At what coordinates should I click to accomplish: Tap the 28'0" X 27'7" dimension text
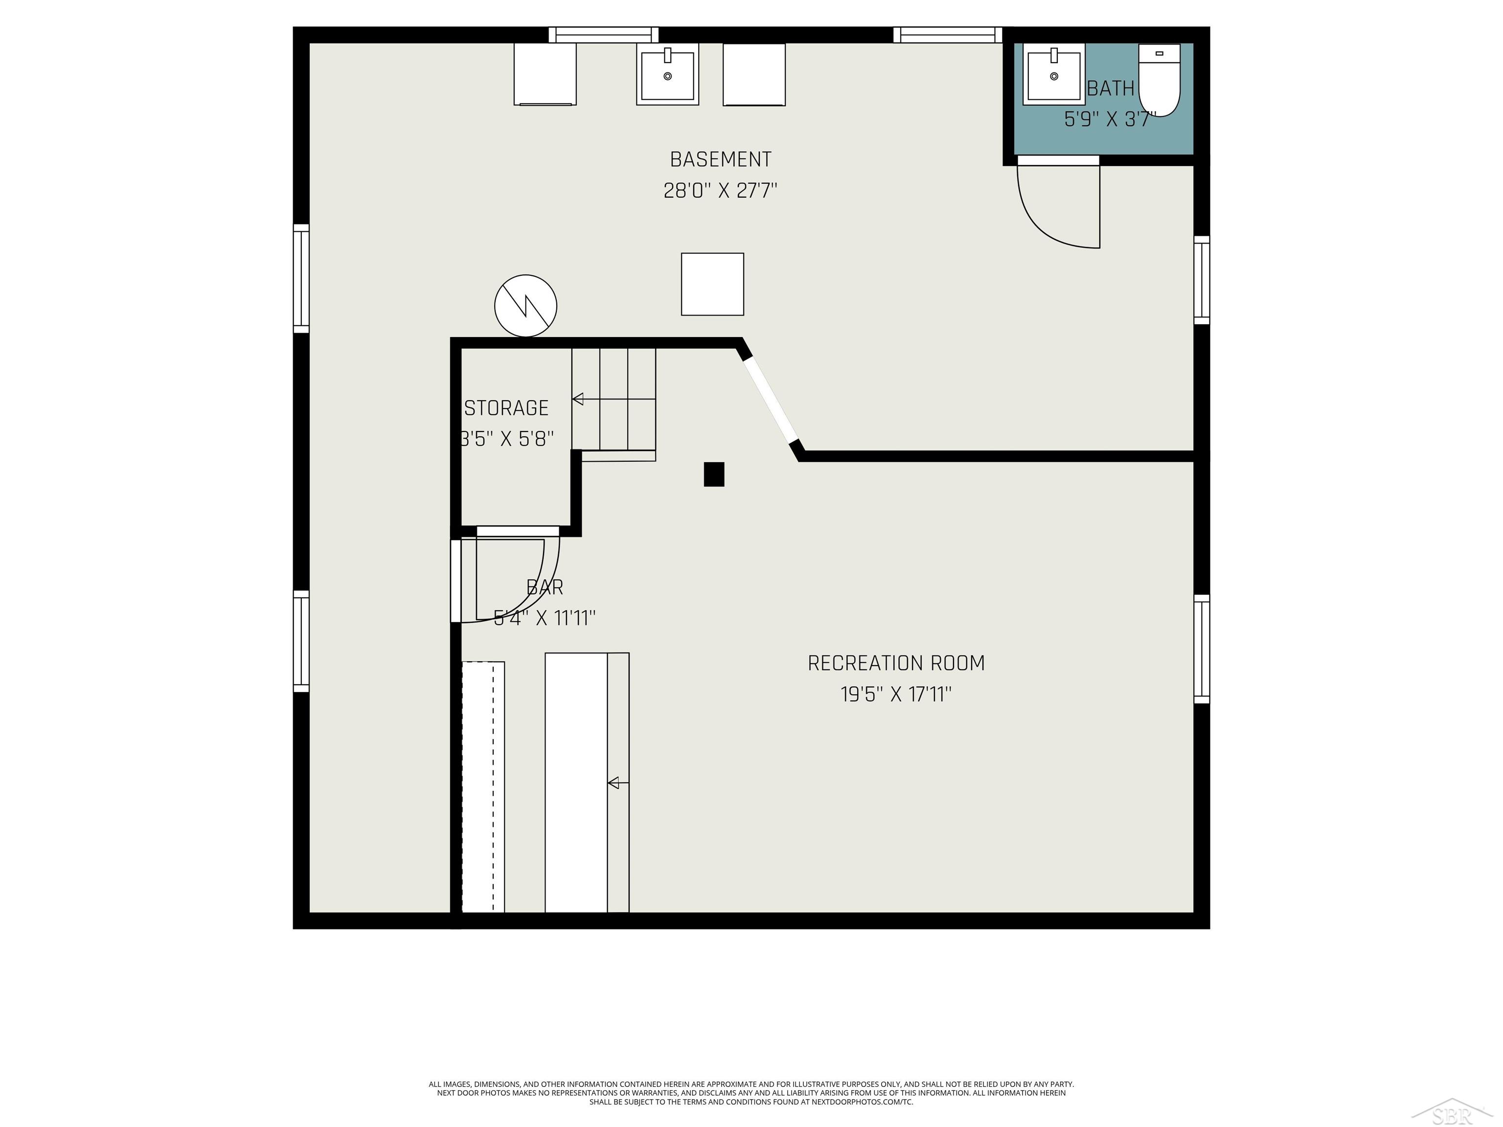click(720, 190)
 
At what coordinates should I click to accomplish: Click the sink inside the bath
click(1054, 74)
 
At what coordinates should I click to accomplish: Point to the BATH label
click(1111, 89)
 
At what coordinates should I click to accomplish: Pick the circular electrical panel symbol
click(526, 306)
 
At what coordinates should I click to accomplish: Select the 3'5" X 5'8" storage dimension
click(507, 439)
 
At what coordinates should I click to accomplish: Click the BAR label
click(545, 587)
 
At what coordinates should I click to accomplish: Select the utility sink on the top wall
click(667, 74)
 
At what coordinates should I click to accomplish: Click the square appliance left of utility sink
click(545, 74)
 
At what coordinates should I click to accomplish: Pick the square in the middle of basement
click(713, 284)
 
